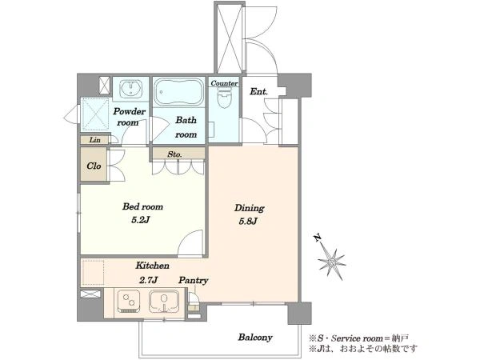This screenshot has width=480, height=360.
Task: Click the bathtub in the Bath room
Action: pyautogui.click(x=178, y=91)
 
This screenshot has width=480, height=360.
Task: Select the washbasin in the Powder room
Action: pyautogui.click(x=130, y=89)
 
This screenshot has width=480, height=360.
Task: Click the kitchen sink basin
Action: pyautogui.click(x=164, y=301)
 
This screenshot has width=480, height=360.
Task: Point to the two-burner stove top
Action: pyautogui.click(x=129, y=301)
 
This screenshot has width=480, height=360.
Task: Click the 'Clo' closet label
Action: pyautogui.click(x=94, y=166)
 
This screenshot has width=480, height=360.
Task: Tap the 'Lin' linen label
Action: pyautogui.click(x=95, y=140)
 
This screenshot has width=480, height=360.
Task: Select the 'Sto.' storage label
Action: pyautogui.click(x=174, y=154)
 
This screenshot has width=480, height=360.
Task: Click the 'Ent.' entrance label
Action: pyautogui.click(x=258, y=91)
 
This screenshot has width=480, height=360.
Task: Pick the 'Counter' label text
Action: pyautogui.click(x=224, y=83)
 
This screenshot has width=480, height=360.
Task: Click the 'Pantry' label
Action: pyautogui.click(x=194, y=280)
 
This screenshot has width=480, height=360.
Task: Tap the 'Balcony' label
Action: pyautogui.click(x=255, y=338)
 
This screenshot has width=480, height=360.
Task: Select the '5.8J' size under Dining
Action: pyautogui.click(x=248, y=222)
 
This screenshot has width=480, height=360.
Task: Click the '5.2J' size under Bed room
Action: pyautogui.click(x=140, y=220)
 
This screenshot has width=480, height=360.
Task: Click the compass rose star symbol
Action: pyautogui.click(x=332, y=262)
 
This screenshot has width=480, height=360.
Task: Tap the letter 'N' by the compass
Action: pyautogui.click(x=318, y=238)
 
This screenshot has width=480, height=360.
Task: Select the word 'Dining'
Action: pyautogui.click(x=249, y=208)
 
